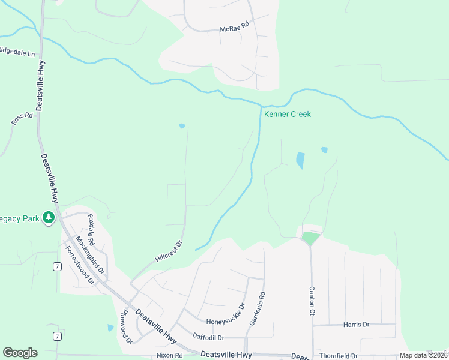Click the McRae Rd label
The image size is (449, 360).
[x=234, y=28]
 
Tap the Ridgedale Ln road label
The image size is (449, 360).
[x=17, y=51]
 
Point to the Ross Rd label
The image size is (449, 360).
[x=22, y=118]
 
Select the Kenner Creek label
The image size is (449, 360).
[x=288, y=114]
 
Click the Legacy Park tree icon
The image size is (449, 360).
[x=49, y=218]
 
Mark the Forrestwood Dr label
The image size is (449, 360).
[x=79, y=265]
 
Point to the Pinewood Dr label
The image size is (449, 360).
[x=126, y=326]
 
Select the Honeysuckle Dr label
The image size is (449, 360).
[x=226, y=313]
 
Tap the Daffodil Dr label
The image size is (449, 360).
[x=208, y=337]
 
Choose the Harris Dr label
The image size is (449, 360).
[x=356, y=325]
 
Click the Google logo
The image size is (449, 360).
[x=20, y=353]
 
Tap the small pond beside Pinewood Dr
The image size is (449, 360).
[x=110, y=328]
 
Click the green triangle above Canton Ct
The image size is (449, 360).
[x=310, y=238]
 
